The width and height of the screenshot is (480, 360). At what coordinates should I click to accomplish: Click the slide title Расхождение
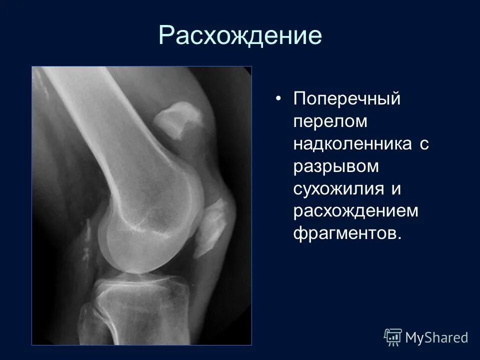(x=240, y=35)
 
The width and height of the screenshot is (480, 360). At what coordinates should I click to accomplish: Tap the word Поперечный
(x=347, y=98)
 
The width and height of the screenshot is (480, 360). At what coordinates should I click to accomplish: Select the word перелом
(x=330, y=121)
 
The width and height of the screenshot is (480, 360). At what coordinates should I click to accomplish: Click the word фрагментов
(x=347, y=234)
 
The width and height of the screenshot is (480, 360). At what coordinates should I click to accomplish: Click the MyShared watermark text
(x=436, y=337)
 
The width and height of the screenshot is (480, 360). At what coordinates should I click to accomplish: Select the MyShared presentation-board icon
(x=393, y=337)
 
